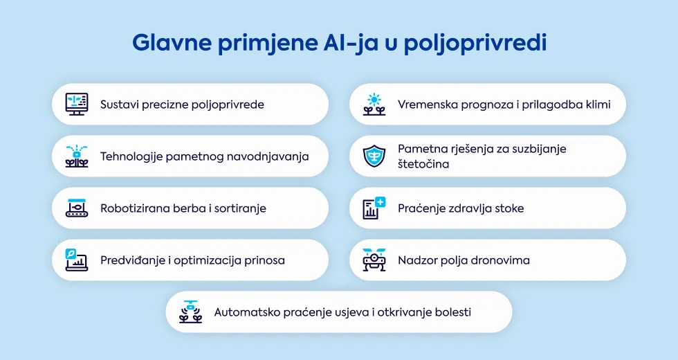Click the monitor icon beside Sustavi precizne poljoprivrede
(x=77, y=105)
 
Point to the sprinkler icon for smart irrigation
(x=77, y=156)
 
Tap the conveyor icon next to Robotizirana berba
(x=77, y=208)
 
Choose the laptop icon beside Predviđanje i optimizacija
(x=77, y=260)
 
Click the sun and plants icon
(x=374, y=105)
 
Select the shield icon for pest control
(x=374, y=156)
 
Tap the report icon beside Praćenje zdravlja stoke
(x=374, y=208)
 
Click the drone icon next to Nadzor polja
(x=374, y=260)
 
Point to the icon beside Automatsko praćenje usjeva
(x=191, y=312)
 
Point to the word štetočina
(x=423, y=164)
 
